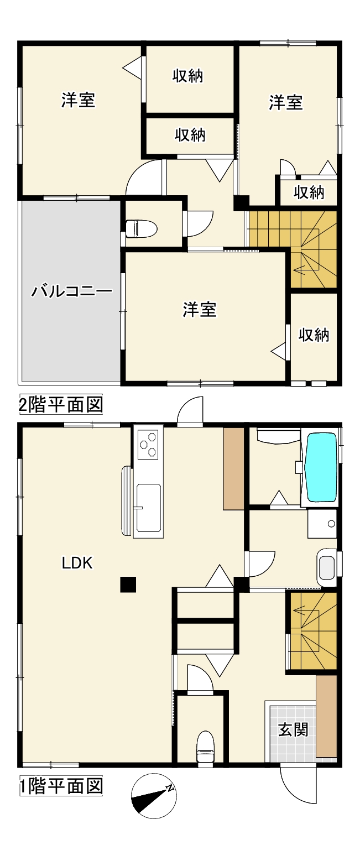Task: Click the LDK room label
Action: click(x=77, y=563)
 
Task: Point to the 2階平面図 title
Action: click(x=61, y=404)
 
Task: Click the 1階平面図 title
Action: click(x=61, y=785)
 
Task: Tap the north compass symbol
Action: click(x=153, y=795)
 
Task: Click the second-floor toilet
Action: click(x=140, y=228)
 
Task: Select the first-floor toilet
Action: click(x=206, y=747)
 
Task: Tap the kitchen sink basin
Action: click(x=148, y=508)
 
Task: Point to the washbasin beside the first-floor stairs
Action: click(x=327, y=567)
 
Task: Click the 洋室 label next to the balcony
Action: click(x=199, y=310)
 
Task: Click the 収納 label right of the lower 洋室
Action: click(x=314, y=335)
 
